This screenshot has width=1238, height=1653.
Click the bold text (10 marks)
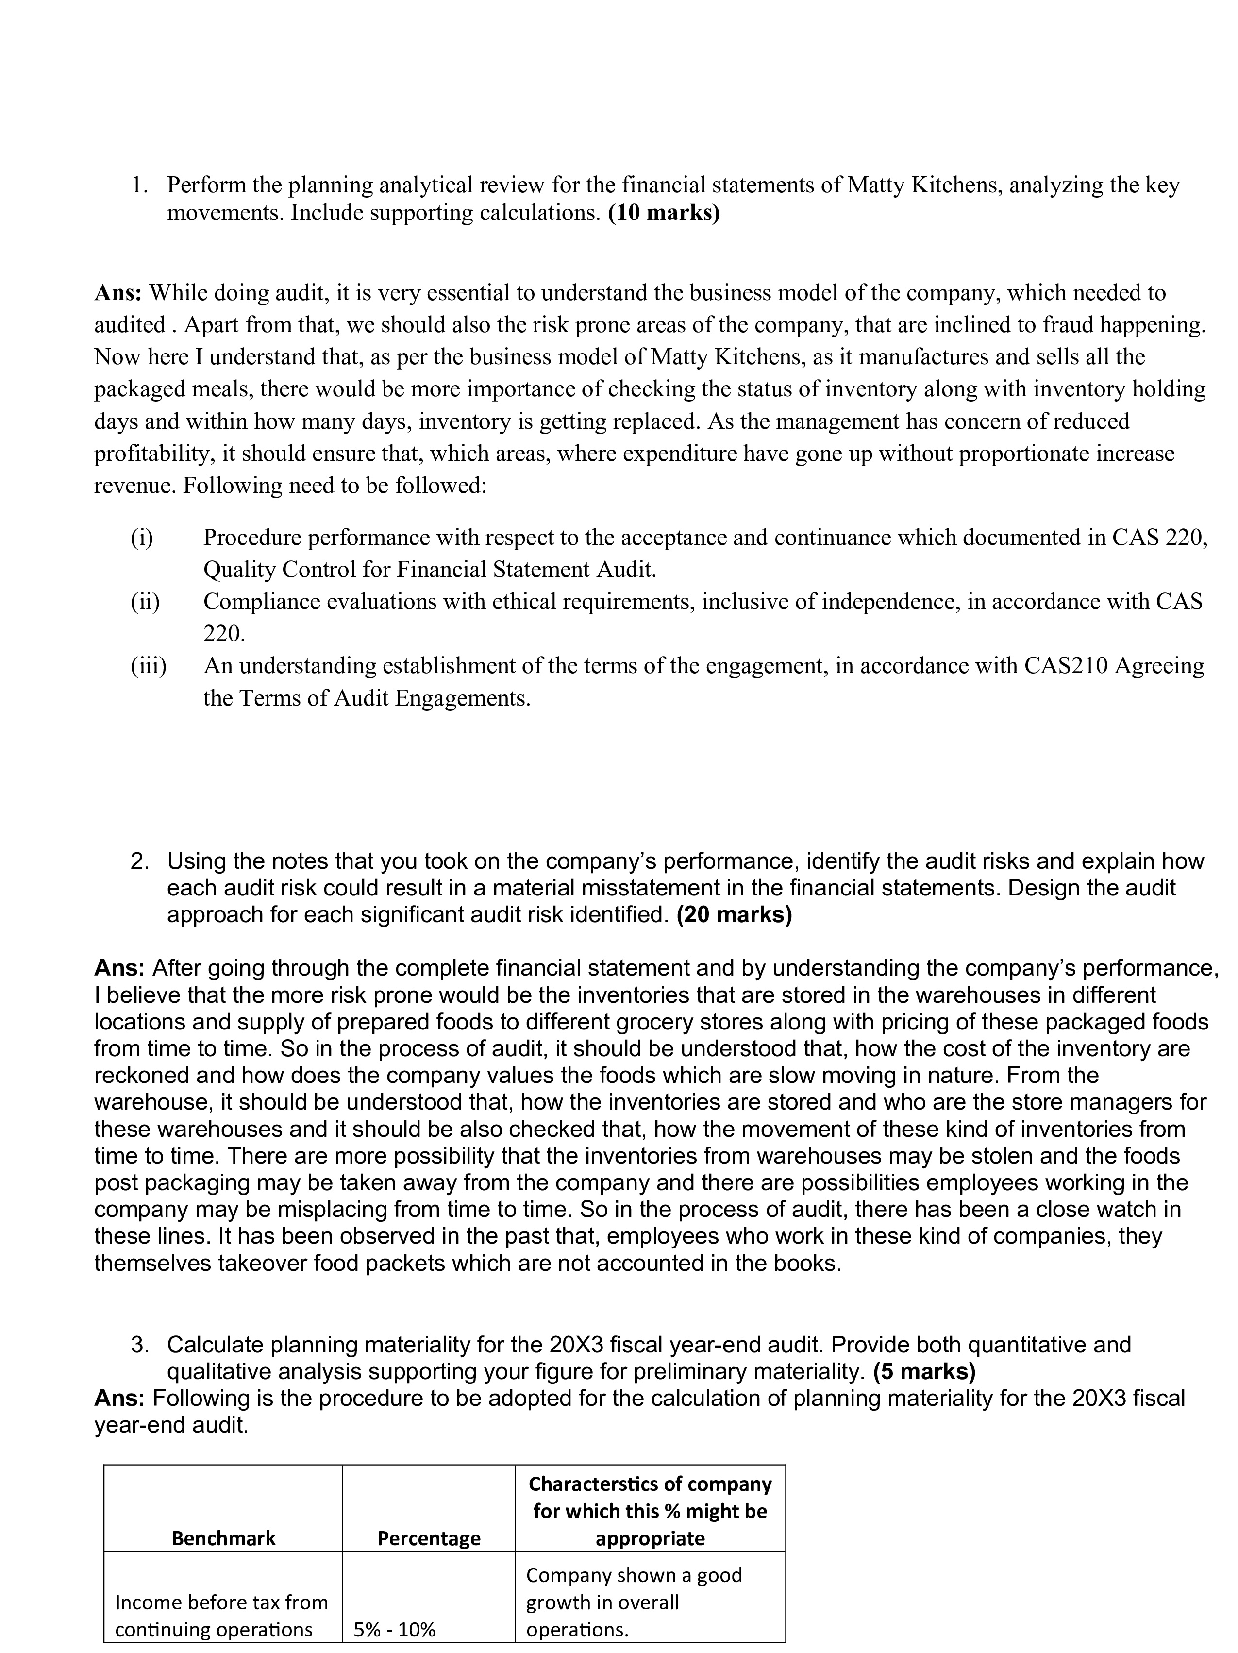tap(664, 213)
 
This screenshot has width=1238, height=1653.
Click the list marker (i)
tap(141, 537)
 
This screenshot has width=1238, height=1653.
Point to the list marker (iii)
tap(148, 665)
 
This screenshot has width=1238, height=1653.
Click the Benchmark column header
tap(223, 1538)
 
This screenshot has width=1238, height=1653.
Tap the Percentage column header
tap(429, 1538)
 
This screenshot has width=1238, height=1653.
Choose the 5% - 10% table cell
tap(395, 1629)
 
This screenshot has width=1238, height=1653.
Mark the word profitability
tap(151, 454)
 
